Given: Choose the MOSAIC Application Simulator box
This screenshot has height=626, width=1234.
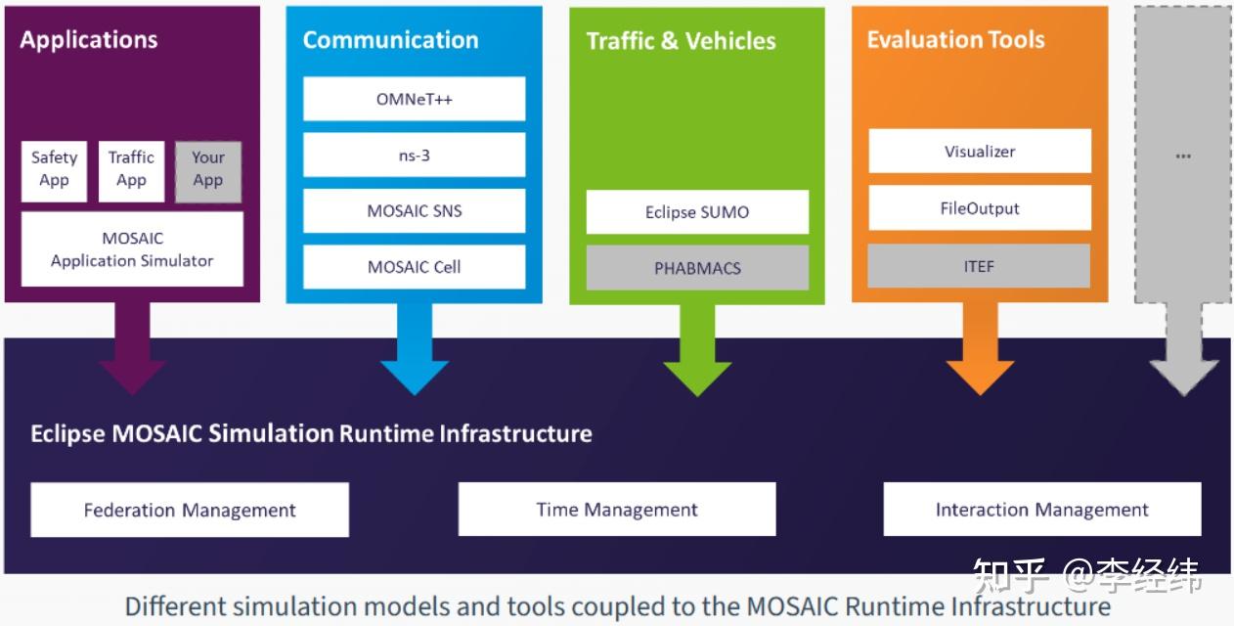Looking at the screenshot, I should click(x=132, y=249).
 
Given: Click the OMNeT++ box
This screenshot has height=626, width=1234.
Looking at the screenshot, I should click(x=414, y=99).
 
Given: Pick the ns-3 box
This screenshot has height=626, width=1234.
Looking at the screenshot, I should click(x=414, y=155).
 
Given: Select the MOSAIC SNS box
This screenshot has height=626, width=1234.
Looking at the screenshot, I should click(x=414, y=210).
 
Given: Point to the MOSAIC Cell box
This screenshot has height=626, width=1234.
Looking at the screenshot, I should click(x=414, y=266).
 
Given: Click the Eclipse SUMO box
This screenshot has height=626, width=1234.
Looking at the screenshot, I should click(x=697, y=211).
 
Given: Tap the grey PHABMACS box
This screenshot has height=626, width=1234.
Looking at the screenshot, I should click(x=697, y=267).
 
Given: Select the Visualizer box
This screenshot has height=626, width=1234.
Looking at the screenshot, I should click(x=980, y=151).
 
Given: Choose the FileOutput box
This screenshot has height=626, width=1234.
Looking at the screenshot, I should click(x=980, y=207).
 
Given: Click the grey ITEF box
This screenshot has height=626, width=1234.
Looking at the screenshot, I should click(x=980, y=265).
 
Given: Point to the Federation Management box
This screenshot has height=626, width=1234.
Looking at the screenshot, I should click(x=190, y=510).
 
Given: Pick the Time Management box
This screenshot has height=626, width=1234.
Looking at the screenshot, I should click(x=617, y=509).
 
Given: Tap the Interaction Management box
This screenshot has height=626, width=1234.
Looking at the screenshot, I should click(x=1042, y=509).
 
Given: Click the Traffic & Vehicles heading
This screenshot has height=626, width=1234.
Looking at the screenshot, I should click(x=681, y=41).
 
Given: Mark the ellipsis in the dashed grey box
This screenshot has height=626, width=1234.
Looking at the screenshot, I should click(x=1183, y=155).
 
